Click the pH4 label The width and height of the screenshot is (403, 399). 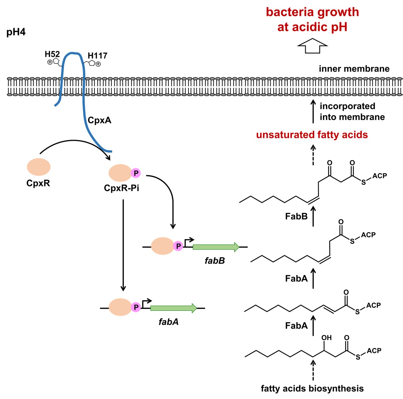[16, 33]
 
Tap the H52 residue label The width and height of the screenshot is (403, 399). [52, 54]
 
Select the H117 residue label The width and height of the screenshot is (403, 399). [97, 55]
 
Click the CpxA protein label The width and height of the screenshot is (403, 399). [99, 120]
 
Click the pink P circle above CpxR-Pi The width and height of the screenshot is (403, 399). [136, 173]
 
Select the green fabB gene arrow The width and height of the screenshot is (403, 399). [216, 247]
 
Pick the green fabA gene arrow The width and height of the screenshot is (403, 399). [173, 308]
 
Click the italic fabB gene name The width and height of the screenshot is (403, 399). [215, 260]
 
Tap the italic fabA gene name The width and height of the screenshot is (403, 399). [168, 322]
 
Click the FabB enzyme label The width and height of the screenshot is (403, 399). [296, 216]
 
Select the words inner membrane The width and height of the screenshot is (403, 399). [354, 69]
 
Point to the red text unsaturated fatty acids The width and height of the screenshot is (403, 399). [312, 135]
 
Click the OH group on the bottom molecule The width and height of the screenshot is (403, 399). [326, 338]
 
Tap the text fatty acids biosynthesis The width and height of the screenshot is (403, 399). [312, 388]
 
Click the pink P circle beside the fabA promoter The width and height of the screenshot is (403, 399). [136, 307]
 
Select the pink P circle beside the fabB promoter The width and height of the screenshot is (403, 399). [178, 246]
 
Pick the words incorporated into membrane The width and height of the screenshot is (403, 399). [352, 111]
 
